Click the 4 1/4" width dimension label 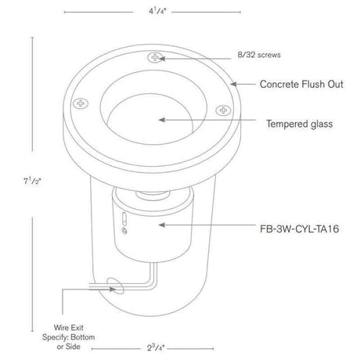coord(157,12)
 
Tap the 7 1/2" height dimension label coord(32,181)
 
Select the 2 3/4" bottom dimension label coord(156,347)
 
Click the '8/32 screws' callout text coord(259,55)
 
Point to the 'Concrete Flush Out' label coord(301,84)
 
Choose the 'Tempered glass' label coord(300,124)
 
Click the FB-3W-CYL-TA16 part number coord(300,229)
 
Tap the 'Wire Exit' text coord(69,327)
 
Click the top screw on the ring coord(155,57)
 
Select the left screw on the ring coord(81,103)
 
